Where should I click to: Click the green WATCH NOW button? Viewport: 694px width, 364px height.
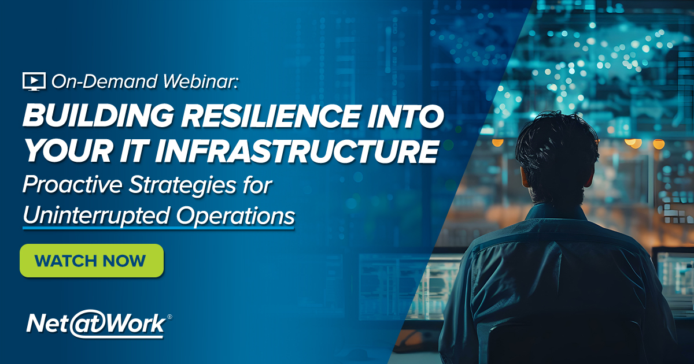point(91,261)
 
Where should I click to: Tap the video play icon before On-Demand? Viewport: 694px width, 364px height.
point(34,81)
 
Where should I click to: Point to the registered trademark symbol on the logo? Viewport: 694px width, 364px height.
point(169,317)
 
